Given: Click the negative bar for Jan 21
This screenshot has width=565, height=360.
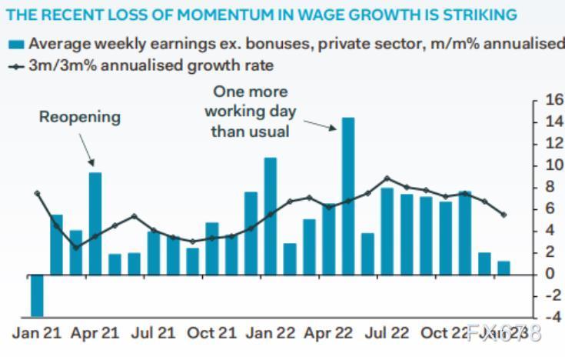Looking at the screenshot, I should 37,295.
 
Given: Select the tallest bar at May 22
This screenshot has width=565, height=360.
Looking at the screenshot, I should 347,195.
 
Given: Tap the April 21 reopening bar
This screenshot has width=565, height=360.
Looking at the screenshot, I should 95,223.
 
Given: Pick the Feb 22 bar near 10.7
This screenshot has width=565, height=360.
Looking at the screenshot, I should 270,215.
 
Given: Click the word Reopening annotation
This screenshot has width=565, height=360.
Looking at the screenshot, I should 80,117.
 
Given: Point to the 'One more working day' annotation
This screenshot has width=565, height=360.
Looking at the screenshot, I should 250,112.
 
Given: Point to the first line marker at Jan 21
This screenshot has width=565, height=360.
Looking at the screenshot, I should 37,194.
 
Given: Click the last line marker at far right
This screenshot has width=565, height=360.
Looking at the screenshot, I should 504,215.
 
